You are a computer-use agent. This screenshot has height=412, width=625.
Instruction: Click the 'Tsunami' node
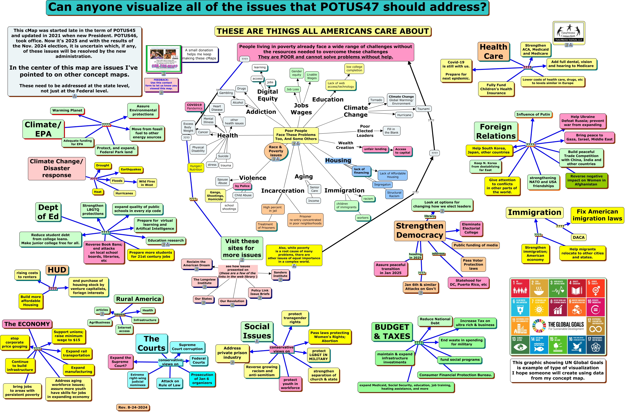click(423, 109)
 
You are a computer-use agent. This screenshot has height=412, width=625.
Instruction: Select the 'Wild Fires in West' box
click(147, 183)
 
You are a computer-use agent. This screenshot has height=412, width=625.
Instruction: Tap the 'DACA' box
click(579, 237)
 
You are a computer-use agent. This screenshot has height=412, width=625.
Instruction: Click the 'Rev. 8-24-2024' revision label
click(133, 407)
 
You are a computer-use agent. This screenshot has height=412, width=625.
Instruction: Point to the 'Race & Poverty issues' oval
click(276, 151)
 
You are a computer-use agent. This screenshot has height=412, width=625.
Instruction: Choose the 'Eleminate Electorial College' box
click(471, 228)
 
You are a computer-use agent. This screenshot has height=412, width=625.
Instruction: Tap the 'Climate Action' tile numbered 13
click(520, 344)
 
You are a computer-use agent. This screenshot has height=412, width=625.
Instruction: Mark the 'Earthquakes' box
click(131, 169)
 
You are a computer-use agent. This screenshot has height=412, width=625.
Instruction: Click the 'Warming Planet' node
click(67, 110)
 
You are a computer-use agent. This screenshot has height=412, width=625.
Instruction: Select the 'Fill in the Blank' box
click(391, 131)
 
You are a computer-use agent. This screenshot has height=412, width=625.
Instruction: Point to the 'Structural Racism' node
click(394, 194)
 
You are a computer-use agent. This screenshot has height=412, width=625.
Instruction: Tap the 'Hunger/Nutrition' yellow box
click(196, 168)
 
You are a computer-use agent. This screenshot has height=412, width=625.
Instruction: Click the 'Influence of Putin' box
click(533, 114)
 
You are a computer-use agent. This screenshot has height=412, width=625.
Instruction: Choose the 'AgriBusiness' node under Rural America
click(99, 322)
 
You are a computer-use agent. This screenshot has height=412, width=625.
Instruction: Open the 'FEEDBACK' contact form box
click(161, 84)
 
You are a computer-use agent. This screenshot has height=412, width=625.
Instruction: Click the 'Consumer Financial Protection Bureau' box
click(455, 375)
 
